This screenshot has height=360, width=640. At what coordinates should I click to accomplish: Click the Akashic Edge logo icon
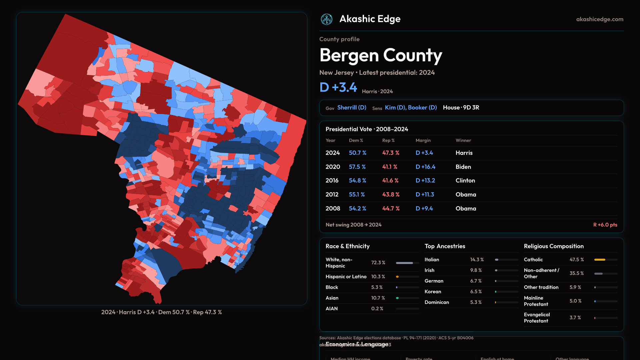coord(327,19)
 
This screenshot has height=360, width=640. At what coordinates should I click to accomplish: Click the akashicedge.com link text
coord(600,19)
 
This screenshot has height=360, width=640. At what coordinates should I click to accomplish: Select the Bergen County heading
coord(381,55)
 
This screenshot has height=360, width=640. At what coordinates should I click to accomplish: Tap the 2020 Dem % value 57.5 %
coord(357,167)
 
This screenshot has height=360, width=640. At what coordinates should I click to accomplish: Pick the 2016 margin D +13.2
coord(425,180)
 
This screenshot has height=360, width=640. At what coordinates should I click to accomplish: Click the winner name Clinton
coord(465,180)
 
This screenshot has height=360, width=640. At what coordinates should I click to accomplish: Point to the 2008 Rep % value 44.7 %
coord(391,208)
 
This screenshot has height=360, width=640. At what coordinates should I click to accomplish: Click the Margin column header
coord(423,140)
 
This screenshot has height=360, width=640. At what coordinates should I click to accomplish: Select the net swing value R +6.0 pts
coord(605,225)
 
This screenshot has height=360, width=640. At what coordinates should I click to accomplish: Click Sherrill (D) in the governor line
coord(352,107)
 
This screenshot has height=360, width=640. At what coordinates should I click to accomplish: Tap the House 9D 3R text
coord(461,107)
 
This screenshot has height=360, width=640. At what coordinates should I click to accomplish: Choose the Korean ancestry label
coord(433,291)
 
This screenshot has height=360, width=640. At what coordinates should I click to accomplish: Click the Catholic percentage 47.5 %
coord(577,259)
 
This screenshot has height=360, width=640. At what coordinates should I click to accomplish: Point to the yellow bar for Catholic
coord(600,259)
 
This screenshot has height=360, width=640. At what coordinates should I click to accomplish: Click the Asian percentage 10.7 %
coord(378,298)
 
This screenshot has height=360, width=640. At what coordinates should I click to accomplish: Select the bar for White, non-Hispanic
coord(405,263)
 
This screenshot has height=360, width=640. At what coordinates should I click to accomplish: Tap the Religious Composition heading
coord(554,246)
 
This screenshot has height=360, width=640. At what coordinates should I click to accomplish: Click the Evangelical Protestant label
coord(537,318)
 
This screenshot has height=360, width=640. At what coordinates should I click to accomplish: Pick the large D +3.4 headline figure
coord(338,87)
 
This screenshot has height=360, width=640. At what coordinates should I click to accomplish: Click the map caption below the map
coord(162,312)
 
